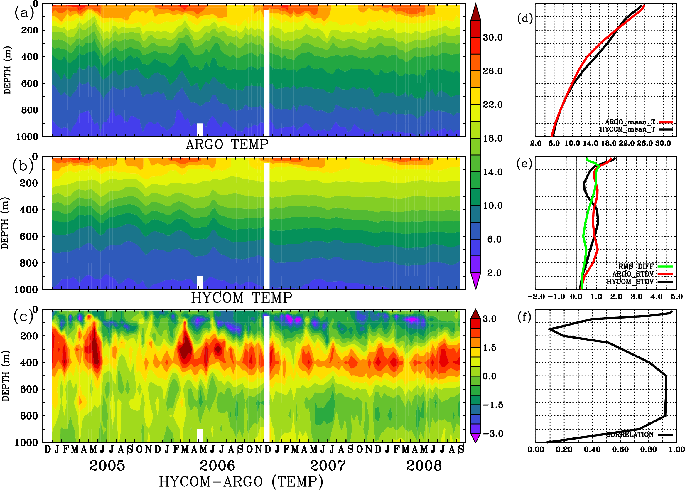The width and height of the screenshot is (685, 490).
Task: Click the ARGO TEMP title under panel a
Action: click(x=227, y=144)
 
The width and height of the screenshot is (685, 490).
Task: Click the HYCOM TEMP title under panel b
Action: click(x=242, y=298)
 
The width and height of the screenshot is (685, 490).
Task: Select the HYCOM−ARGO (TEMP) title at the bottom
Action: click(x=241, y=481)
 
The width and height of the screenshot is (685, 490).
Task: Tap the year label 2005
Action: click(x=107, y=466)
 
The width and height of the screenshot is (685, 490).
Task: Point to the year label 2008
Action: click(x=424, y=466)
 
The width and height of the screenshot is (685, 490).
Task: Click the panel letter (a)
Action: click(x=24, y=13)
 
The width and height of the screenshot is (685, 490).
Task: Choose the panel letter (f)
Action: click(x=524, y=317)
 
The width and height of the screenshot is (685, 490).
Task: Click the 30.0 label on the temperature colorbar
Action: click(x=493, y=37)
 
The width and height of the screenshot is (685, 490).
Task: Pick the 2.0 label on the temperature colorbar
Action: click(x=494, y=273)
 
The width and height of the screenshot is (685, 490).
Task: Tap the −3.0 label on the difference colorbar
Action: click(x=493, y=434)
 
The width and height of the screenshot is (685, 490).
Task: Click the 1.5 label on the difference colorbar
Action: click(x=490, y=348)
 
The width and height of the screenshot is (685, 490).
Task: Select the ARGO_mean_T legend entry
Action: click(x=630, y=122)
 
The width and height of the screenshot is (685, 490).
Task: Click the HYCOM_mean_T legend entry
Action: click(x=627, y=129)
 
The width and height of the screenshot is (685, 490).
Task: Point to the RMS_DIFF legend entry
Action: click(x=636, y=266)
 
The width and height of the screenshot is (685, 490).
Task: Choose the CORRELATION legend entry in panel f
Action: click(x=630, y=435)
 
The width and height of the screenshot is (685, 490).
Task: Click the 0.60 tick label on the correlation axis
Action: click(x=620, y=449)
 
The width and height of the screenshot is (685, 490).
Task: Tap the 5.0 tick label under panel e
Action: click(x=676, y=297)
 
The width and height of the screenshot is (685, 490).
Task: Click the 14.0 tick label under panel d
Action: click(x=590, y=143)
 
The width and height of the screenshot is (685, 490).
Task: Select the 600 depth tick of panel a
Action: click(x=29, y=83)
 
